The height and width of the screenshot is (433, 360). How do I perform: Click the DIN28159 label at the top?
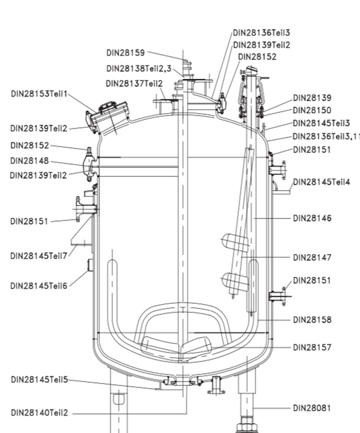(x=126, y=52)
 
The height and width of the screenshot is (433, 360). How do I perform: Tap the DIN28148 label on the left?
(x=29, y=161)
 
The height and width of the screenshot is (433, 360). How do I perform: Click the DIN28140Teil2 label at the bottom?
(x=39, y=413)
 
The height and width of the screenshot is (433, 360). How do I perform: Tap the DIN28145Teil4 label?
(x=322, y=182)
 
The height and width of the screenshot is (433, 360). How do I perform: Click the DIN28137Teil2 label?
(x=134, y=84)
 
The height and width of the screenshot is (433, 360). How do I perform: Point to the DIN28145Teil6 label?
(x=39, y=285)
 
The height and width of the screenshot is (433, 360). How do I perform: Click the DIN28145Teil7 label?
(x=39, y=256)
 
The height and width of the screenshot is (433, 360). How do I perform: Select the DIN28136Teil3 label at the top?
(x=261, y=33)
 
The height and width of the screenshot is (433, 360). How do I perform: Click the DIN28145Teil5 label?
(x=39, y=379)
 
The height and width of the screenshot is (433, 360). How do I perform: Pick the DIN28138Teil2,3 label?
(x=138, y=69)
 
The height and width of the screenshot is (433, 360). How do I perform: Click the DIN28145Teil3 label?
(x=321, y=123)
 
